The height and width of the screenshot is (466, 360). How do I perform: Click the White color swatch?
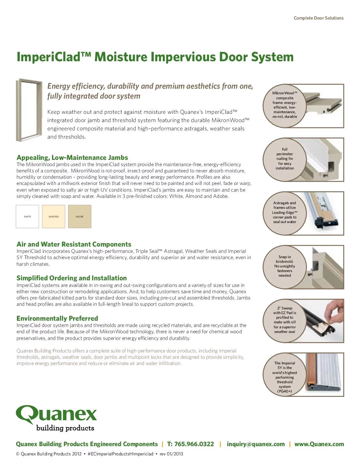(x=27, y=216)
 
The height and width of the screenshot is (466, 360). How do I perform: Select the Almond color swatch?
(x=54, y=216)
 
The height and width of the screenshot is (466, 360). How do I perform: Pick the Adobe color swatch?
(x=80, y=216)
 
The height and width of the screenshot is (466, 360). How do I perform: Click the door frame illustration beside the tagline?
(x=29, y=110)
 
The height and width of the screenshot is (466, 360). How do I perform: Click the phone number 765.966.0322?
(x=191, y=444)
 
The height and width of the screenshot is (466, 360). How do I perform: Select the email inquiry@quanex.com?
(x=256, y=444)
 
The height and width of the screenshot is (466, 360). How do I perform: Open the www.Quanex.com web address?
(x=319, y=444)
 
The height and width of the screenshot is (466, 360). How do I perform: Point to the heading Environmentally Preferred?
(x=57, y=318)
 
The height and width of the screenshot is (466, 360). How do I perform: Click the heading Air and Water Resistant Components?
(x=74, y=244)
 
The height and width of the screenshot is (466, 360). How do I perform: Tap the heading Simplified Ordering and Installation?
(x=71, y=278)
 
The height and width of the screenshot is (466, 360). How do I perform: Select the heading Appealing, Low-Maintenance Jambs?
(x=72, y=158)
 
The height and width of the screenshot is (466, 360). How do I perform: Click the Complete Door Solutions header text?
(x=319, y=18)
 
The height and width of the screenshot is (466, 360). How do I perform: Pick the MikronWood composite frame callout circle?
(x=285, y=106)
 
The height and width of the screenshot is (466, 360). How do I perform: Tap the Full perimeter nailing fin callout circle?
(x=285, y=160)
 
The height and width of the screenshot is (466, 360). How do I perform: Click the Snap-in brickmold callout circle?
(x=285, y=267)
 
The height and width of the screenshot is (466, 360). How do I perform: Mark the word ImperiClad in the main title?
(x=48, y=57)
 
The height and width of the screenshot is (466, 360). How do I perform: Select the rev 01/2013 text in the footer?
(x=171, y=454)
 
